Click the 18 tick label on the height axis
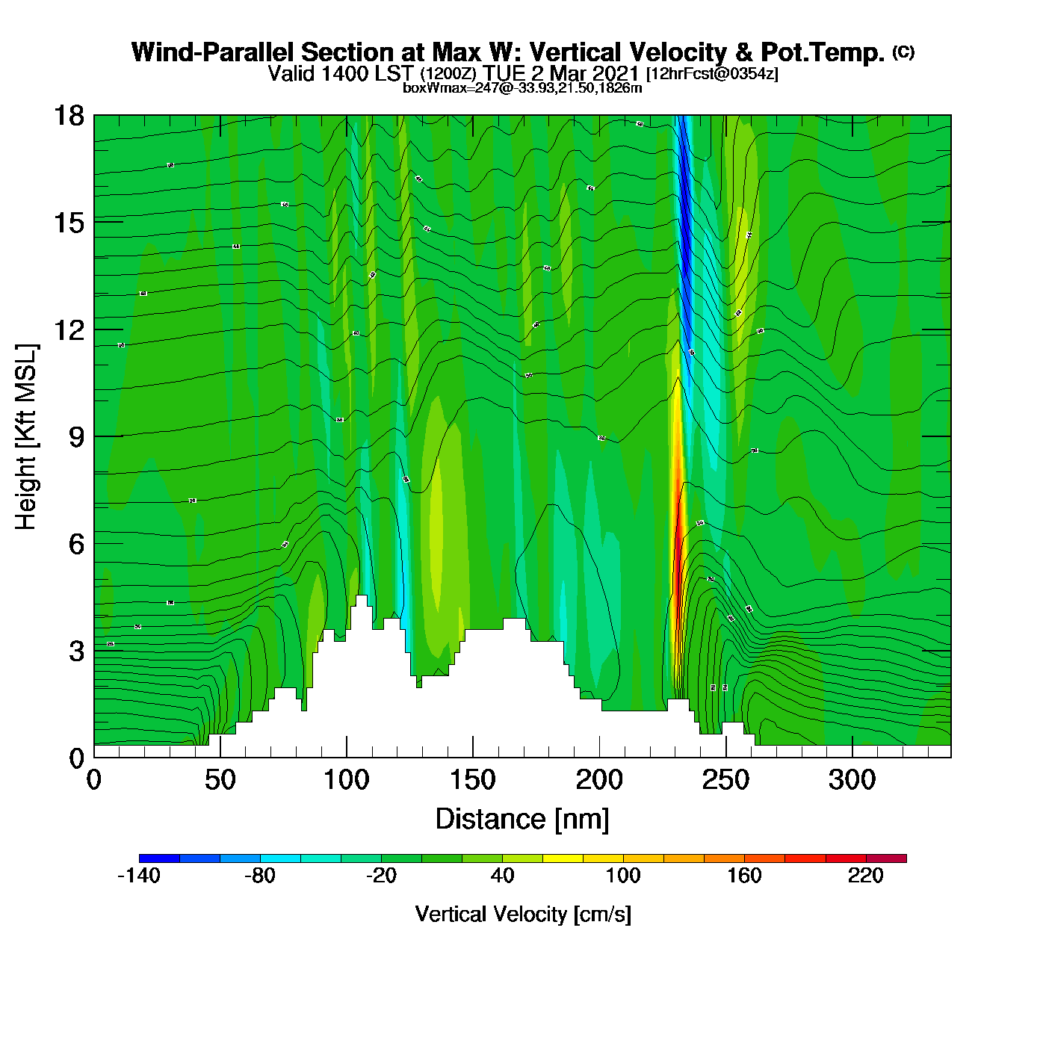[x=69, y=116]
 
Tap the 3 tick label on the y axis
[x=76, y=651]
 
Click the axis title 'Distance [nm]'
[x=522, y=819]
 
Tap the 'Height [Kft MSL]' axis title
[x=26, y=437]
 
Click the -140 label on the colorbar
[x=139, y=876]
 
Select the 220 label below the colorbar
[x=866, y=876]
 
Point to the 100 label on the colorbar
[x=623, y=876]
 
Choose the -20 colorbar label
[x=381, y=876]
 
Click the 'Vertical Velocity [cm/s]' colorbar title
[x=523, y=914]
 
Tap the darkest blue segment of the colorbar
[x=159, y=858]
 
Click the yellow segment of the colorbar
[x=563, y=858]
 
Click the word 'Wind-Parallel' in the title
[x=214, y=52]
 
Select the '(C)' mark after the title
[x=903, y=52]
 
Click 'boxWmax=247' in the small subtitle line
[x=439, y=88]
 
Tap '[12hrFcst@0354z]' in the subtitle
[x=712, y=73]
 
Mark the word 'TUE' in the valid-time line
[x=504, y=73]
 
